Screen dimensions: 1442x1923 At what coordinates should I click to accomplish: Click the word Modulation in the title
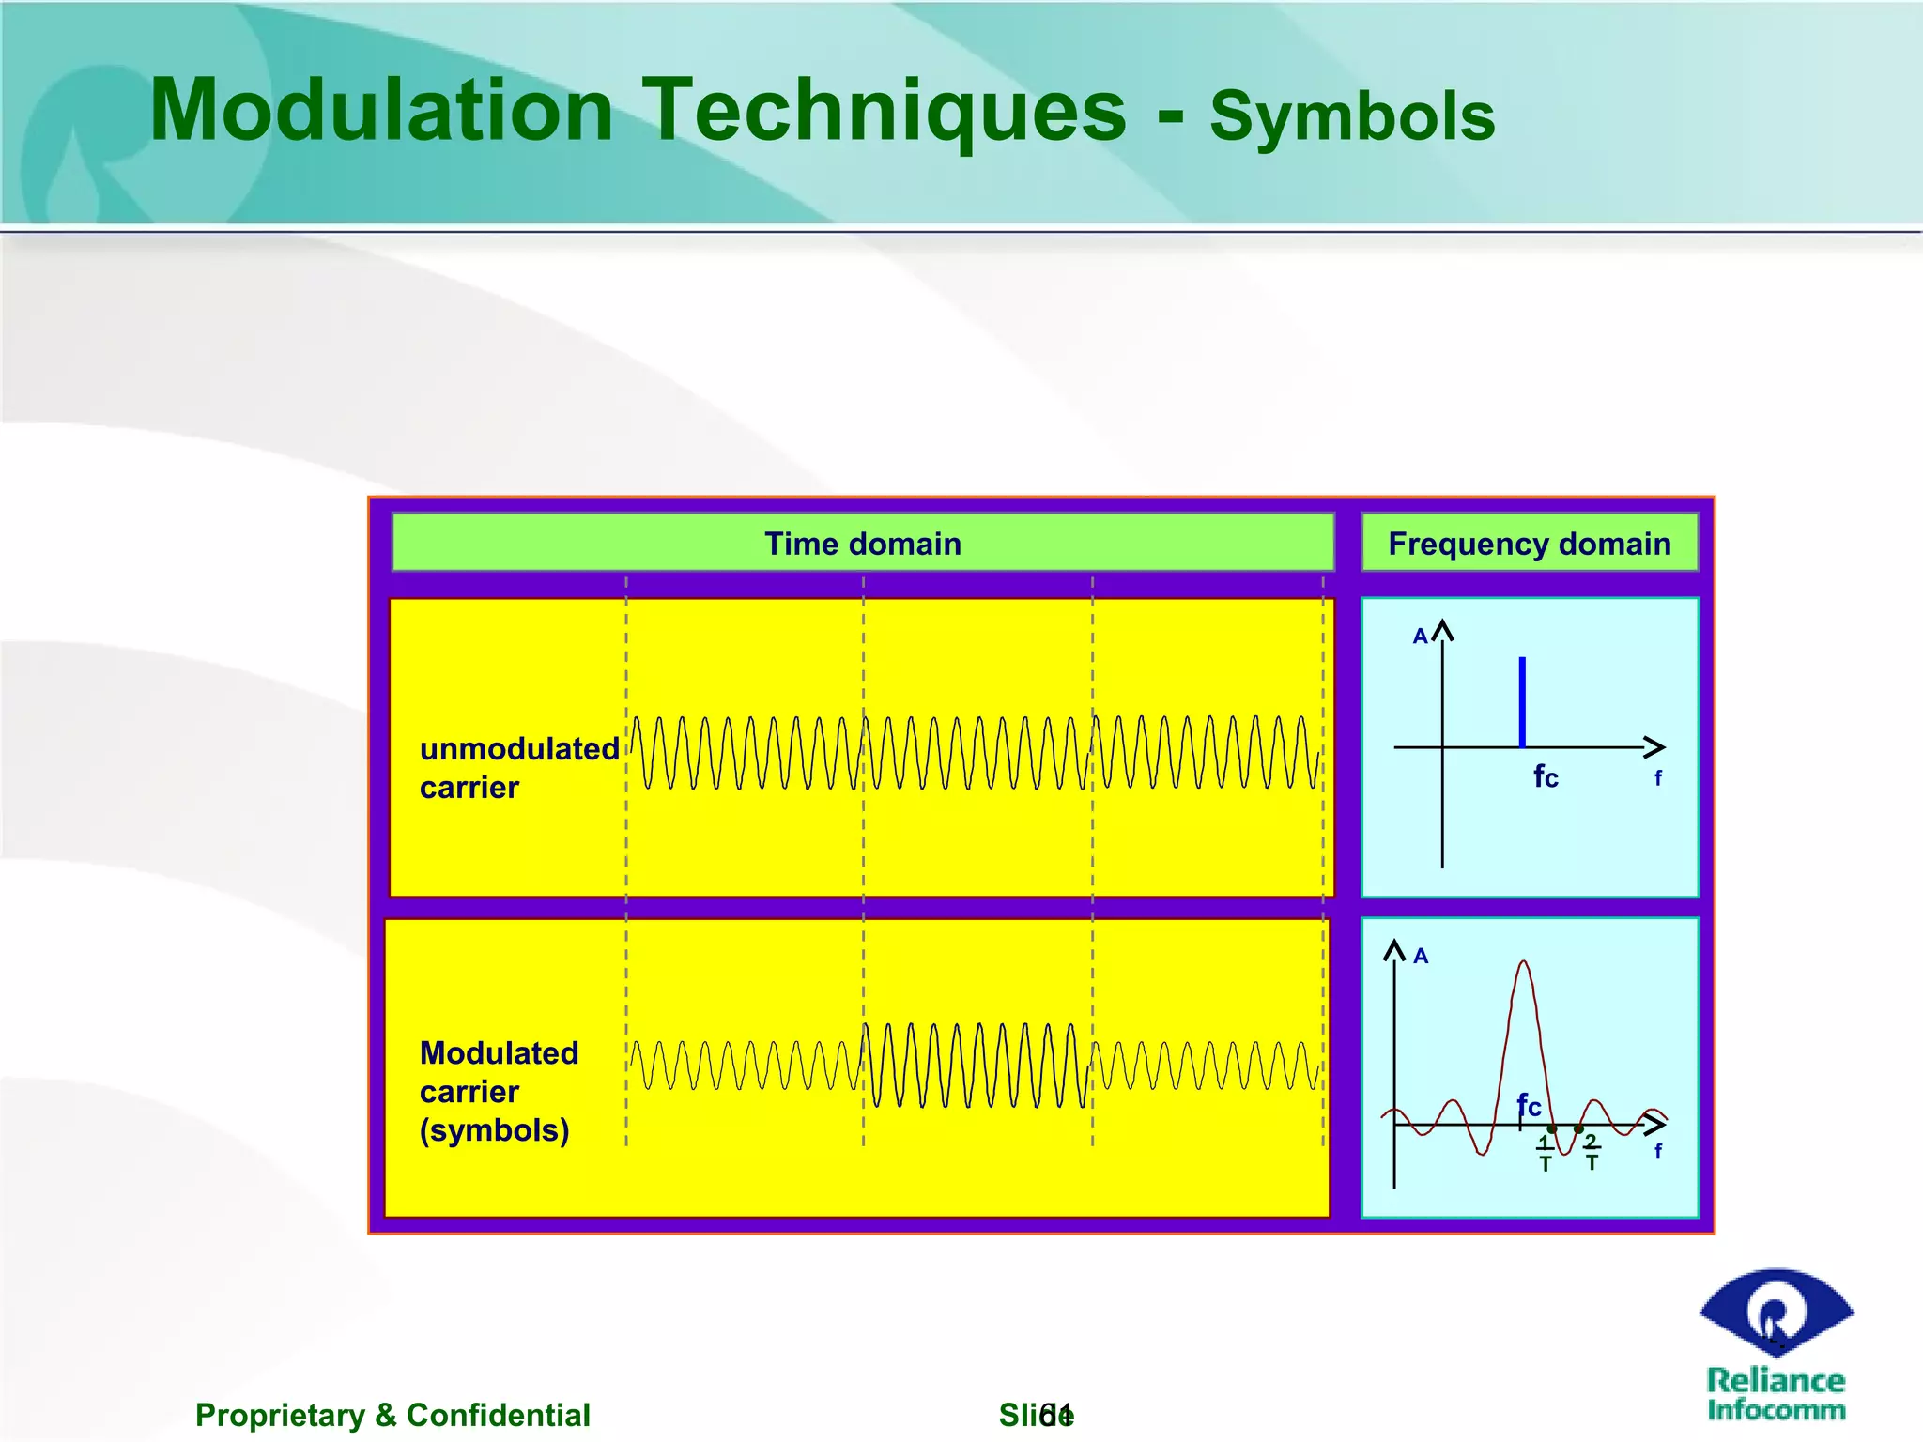(x=380, y=111)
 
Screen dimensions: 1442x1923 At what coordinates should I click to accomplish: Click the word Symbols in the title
(x=1352, y=116)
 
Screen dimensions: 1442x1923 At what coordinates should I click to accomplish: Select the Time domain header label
(x=862, y=544)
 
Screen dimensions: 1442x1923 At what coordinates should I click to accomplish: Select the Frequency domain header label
(x=1529, y=544)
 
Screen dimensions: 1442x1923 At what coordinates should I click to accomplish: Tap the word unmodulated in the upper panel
(x=519, y=749)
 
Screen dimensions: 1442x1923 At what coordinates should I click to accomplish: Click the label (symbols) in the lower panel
(x=494, y=1129)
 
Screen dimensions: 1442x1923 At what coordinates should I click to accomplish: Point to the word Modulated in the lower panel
(x=499, y=1053)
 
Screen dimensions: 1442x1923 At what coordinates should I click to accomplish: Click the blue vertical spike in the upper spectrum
(x=1522, y=702)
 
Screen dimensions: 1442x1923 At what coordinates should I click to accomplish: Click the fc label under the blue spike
(x=1546, y=776)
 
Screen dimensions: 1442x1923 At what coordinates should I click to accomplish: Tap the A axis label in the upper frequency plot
(x=1420, y=637)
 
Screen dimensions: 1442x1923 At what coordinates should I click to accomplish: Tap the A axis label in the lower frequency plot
(x=1421, y=956)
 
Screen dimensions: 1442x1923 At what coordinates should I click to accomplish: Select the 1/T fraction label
(x=1545, y=1154)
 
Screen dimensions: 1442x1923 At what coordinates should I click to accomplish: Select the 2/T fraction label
(x=1592, y=1152)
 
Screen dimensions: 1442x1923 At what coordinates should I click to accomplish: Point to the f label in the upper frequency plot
(x=1657, y=778)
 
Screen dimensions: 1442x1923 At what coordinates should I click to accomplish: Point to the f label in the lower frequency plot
(x=1657, y=1151)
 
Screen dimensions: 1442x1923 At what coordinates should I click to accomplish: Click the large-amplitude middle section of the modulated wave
(x=977, y=1066)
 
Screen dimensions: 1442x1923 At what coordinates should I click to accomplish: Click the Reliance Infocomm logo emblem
(x=1776, y=1313)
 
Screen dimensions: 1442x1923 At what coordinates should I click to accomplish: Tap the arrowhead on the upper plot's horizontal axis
(x=1656, y=747)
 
